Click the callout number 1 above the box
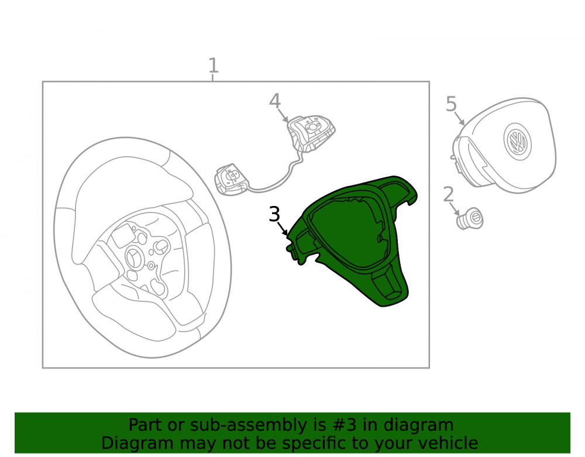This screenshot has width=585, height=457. pyautogui.click(x=213, y=66)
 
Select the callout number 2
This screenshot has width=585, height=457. pyautogui.click(x=449, y=194)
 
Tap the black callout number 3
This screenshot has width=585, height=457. pyautogui.click(x=274, y=215)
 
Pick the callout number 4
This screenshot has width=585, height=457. pyautogui.click(x=275, y=101)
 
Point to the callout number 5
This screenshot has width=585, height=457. pyautogui.click(x=452, y=104)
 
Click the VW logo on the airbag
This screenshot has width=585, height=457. pyautogui.click(x=517, y=142)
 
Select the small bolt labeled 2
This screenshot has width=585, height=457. pyautogui.click(x=470, y=219)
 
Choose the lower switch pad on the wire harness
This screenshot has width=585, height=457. pyautogui.click(x=231, y=179)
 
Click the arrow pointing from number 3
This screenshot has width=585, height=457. pyautogui.click(x=283, y=228)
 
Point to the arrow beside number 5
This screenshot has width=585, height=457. pyautogui.click(x=460, y=118)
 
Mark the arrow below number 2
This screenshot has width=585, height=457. pyautogui.click(x=455, y=209)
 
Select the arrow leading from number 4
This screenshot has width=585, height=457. pyautogui.click(x=283, y=116)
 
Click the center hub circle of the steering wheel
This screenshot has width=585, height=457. pyautogui.click(x=133, y=257)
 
